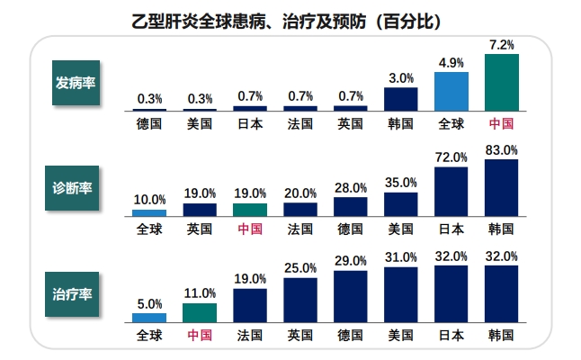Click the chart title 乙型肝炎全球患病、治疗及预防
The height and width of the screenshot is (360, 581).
[x=290, y=20]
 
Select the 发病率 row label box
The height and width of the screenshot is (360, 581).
[x=76, y=84]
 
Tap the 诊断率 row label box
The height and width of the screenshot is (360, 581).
[x=76, y=189]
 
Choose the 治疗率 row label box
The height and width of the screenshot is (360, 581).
[x=76, y=294]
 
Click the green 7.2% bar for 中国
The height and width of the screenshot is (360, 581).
[x=502, y=82]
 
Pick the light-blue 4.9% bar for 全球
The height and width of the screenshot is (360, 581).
[x=451, y=91]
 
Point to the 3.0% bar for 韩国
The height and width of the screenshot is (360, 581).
[x=401, y=98]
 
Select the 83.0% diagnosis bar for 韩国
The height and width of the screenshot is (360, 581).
[x=502, y=188]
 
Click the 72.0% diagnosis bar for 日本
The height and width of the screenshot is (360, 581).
[x=451, y=192]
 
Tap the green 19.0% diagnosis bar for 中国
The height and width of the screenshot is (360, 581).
[x=250, y=210]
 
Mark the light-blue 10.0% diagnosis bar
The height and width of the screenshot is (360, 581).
[x=149, y=213]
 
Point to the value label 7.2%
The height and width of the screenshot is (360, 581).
[x=502, y=44]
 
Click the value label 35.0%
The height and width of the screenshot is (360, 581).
[x=401, y=182]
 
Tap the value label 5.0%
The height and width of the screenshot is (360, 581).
[x=149, y=303]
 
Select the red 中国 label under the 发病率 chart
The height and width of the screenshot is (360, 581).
[x=502, y=124]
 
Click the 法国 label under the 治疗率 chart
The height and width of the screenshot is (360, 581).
[x=250, y=336]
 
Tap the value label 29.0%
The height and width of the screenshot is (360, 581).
[x=351, y=261]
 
